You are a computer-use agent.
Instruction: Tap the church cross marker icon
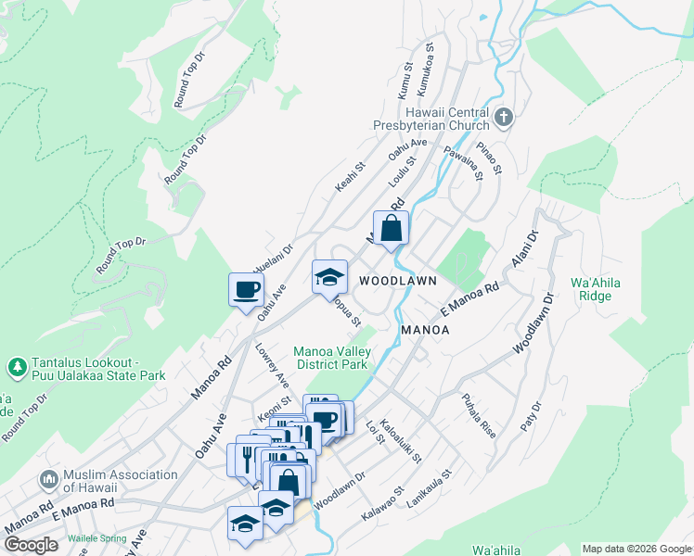tap(503, 118)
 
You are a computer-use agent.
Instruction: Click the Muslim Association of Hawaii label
tap(121, 481)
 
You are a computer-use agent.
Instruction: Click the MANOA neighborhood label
tap(425, 330)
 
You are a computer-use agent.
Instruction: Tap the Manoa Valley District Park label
tap(332, 358)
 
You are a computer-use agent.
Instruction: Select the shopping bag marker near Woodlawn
tap(392, 228)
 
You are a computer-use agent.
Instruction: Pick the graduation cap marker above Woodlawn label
tap(329, 276)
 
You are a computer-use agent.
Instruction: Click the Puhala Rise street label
tap(479, 406)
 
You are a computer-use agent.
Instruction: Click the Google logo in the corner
tap(31, 545)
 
